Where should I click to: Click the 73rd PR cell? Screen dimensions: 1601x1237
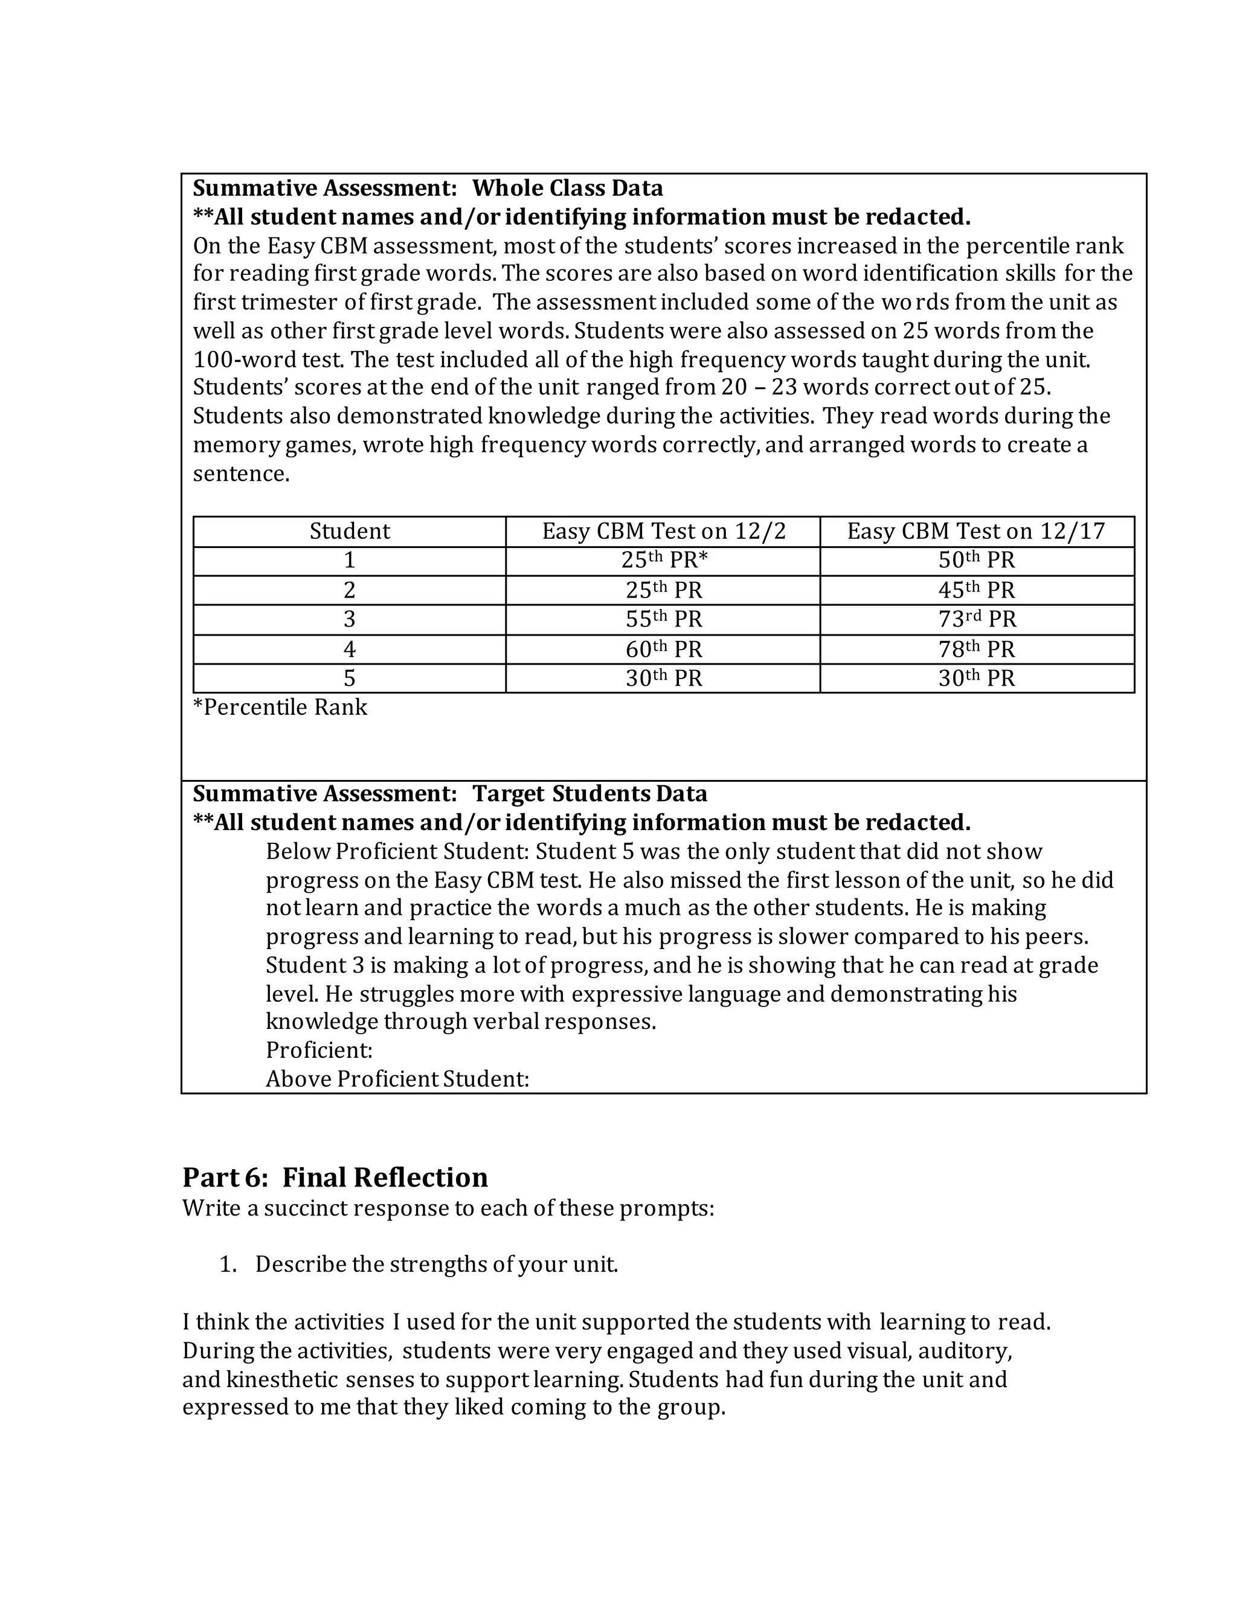point(977,619)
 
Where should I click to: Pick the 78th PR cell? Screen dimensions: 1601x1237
point(977,649)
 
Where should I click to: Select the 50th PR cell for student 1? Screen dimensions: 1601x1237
point(977,561)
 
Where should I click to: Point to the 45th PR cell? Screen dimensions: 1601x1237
point(977,590)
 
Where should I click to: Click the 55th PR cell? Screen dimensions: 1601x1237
point(663,619)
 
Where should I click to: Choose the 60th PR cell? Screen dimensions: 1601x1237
point(663,649)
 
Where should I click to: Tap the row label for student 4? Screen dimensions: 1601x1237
point(350,649)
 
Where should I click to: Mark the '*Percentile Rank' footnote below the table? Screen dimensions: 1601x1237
point(280,707)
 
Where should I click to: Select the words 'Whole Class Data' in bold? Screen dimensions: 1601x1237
point(567,188)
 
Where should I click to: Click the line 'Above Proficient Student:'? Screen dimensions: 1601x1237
point(397,1079)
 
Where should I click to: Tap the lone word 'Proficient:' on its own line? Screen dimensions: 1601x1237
point(320,1051)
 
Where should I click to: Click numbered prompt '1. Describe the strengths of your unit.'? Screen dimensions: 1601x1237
point(419,1264)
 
